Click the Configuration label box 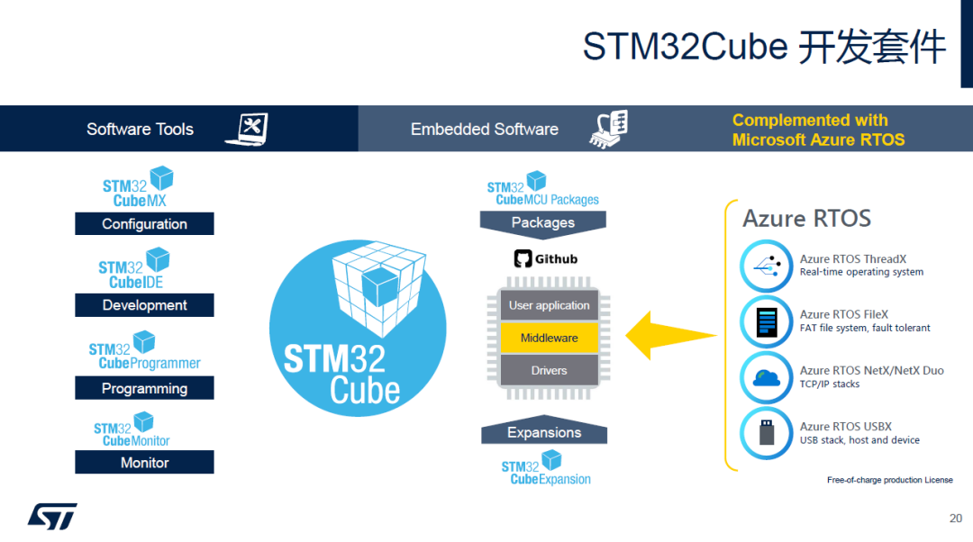[144, 223]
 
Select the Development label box [144, 305]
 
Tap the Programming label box [144, 388]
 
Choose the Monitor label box [144, 462]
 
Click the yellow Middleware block [549, 338]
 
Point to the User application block [549, 305]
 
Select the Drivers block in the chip [549, 370]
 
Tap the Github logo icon [523, 259]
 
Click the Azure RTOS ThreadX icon [766, 266]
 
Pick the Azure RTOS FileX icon [766, 321]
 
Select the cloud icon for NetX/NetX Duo [766, 377]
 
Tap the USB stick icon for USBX [766, 433]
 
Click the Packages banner [542, 222]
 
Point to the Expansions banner [543, 432]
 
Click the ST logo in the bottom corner [52, 516]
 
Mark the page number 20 [956, 518]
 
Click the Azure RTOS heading [806, 219]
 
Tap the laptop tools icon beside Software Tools [247, 129]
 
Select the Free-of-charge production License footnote [889, 480]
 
